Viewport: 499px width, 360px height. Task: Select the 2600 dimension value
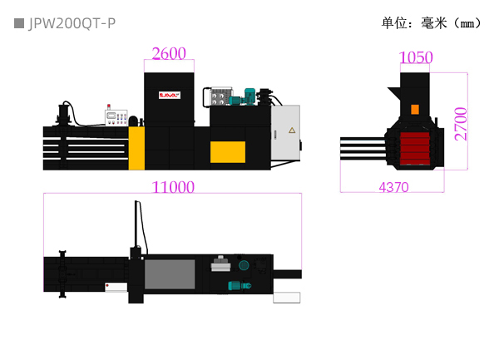(169, 54)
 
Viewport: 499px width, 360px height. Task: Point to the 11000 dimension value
(173, 187)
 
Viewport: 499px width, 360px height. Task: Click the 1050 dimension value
(416, 57)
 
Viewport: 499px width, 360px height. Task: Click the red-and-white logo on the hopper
(170, 96)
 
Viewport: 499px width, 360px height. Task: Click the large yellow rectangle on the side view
(227, 152)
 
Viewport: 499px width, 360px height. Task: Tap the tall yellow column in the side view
(136, 147)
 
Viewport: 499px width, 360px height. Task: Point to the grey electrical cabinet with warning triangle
(285, 131)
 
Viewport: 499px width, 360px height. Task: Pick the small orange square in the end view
(415, 109)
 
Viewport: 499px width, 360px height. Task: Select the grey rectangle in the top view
(170, 274)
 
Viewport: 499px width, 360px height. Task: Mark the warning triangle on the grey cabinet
(291, 131)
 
